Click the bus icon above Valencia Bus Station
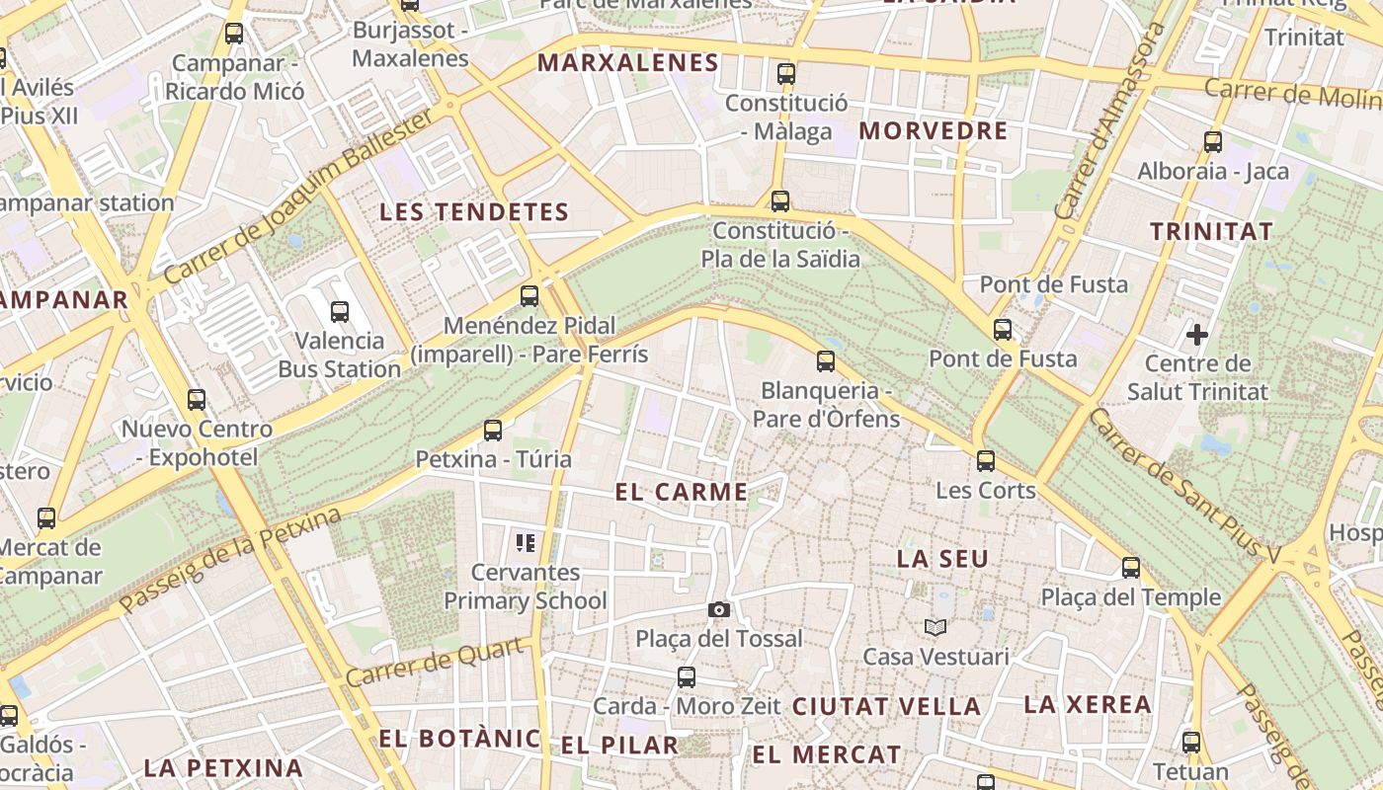point(340,312)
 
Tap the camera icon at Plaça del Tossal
point(719,609)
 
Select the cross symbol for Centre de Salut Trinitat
point(1197,335)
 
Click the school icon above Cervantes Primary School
point(526,542)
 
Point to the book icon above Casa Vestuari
point(936,627)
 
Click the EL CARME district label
point(682,492)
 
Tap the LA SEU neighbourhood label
point(942,559)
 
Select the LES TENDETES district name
point(474,211)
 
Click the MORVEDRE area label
point(934,130)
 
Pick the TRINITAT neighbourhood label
point(1211,231)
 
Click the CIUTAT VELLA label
point(887,706)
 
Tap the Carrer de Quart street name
point(435,663)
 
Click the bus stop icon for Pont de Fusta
point(1003,329)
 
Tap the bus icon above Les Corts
point(985,461)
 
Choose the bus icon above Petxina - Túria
point(493,430)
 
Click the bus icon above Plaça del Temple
point(1131,568)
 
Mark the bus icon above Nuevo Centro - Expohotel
point(197,400)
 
